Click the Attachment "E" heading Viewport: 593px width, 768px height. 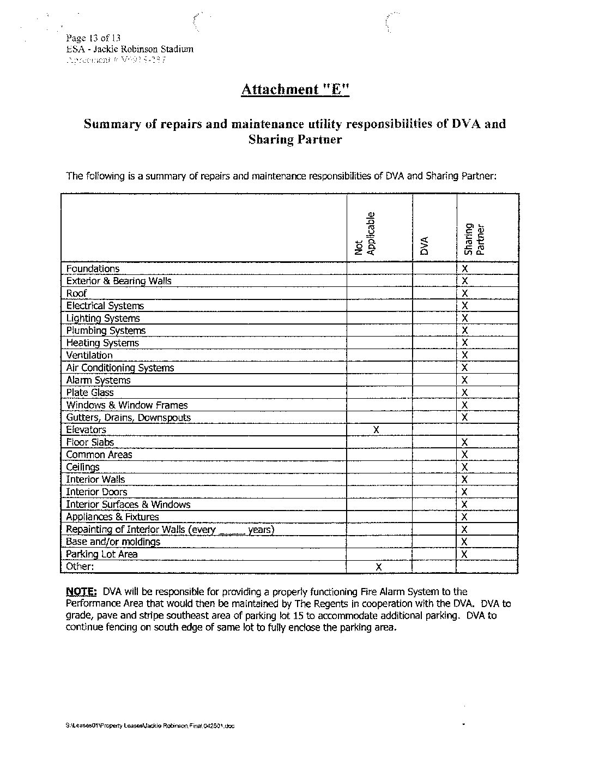click(295, 89)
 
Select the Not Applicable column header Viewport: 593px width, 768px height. click(365, 233)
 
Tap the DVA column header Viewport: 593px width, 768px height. click(424, 246)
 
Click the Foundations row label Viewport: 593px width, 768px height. click(93, 268)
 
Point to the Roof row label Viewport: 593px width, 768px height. click(76, 293)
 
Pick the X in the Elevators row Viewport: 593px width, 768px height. click(376, 430)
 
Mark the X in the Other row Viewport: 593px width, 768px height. click(379, 567)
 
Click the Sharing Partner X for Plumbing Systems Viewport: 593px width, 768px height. click(465, 331)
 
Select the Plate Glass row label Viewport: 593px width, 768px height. click(90, 393)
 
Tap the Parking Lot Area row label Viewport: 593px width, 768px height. click(102, 554)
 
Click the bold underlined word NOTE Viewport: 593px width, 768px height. click(81, 591)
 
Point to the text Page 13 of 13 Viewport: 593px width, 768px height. click(93, 38)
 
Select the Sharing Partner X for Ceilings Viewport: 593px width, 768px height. click(465, 467)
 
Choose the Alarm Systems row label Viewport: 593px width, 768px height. click(98, 380)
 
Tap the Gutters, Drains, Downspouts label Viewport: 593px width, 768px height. click(129, 418)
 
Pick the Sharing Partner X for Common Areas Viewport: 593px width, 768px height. click(465, 455)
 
